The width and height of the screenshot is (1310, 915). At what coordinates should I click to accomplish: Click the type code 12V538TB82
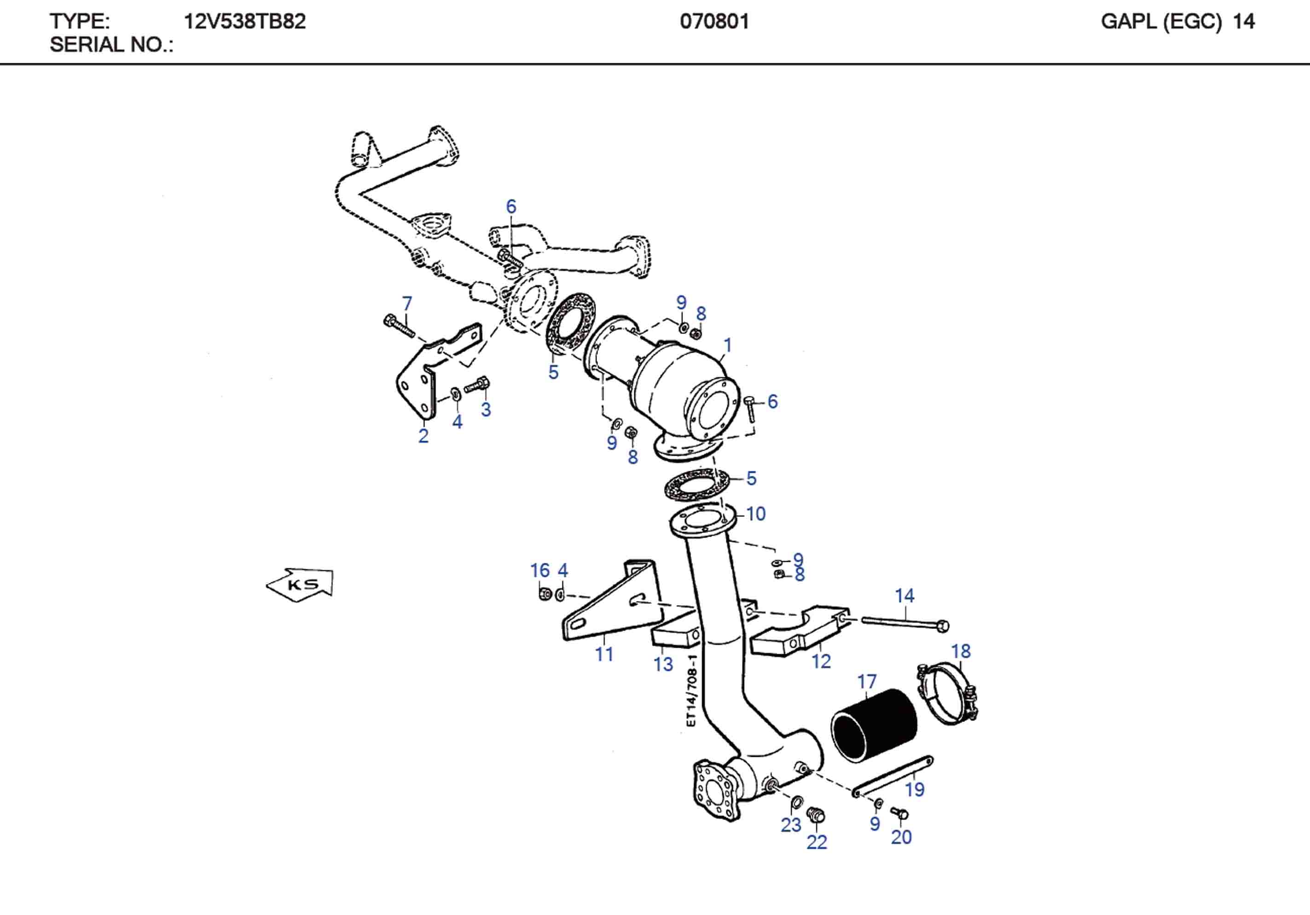244,22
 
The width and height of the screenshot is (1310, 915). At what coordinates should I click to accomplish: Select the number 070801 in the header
714,22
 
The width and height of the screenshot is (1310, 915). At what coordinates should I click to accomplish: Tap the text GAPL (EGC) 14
1177,22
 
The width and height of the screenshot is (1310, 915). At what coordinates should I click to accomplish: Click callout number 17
867,681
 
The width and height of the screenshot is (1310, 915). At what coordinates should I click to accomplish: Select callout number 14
904,596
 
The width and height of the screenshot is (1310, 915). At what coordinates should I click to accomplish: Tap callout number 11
604,654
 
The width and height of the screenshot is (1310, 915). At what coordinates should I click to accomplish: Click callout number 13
663,664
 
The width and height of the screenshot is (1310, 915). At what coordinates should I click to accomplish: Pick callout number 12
821,661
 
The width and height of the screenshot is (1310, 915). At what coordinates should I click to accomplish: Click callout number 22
817,842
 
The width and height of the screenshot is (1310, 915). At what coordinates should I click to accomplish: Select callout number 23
791,825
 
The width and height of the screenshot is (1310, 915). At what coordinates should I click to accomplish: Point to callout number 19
915,789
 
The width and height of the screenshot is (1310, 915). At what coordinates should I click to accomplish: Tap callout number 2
423,435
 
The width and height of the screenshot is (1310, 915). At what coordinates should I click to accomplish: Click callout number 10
755,514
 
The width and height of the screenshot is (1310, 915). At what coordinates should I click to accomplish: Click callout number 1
727,345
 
